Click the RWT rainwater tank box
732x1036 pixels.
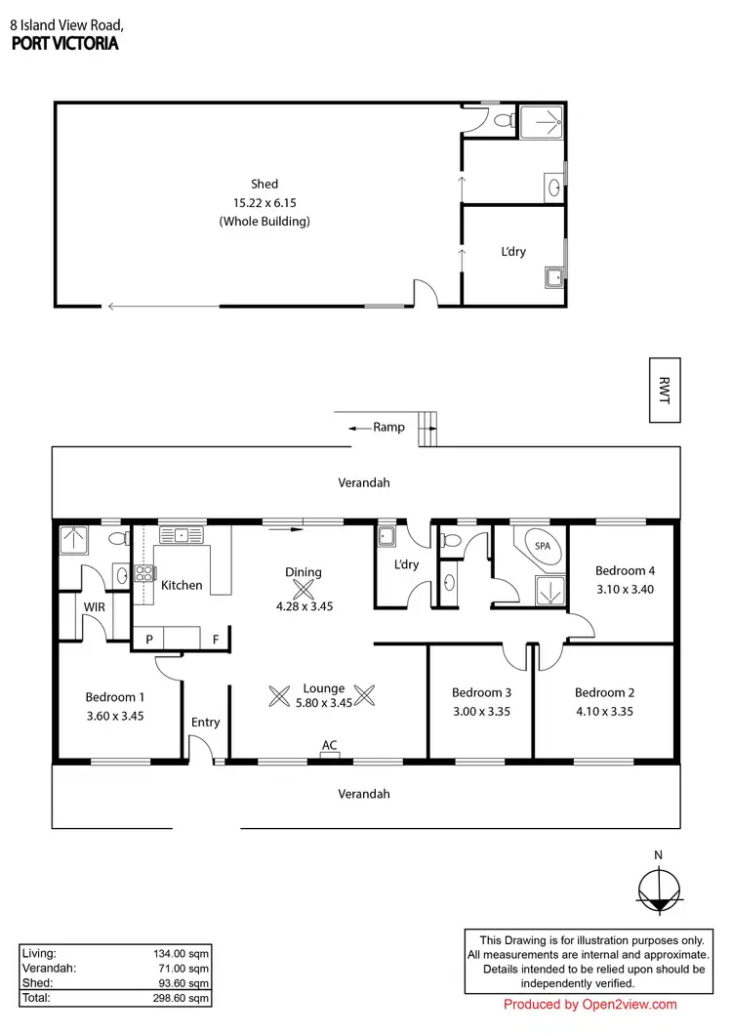(x=665, y=390)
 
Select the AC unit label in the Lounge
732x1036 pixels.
(x=330, y=746)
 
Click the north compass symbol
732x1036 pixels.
(x=659, y=890)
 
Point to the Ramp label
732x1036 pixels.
(x=388, y=427)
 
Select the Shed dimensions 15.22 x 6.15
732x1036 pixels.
(x=264, y=202)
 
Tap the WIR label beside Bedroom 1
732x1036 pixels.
(x=94, y=607)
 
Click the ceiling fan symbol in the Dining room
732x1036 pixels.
(x=305, y=589)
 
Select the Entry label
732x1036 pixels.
(x=205, y=723)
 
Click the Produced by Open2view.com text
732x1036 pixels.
(x=590, y=1005)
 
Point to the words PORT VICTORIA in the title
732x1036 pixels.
(x=64, y=44)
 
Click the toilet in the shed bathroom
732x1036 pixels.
(x=503, y=121)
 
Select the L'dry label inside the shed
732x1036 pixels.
(x=512, y=252)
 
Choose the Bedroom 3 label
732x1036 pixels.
(x=480, y=692)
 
